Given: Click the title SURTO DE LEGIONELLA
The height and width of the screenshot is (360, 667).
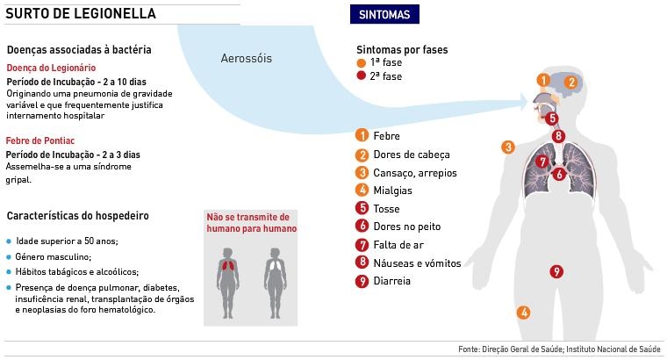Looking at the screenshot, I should [82, 14].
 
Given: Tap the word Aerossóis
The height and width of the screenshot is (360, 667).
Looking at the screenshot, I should [247, 59].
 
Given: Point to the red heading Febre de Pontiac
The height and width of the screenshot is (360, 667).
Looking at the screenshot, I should [39, 140].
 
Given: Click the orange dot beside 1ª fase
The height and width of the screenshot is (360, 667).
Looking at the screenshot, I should [361, 64].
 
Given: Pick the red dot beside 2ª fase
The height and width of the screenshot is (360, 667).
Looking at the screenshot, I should [361, 76].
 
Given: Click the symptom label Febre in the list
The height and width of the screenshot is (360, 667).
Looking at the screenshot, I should [386, 136].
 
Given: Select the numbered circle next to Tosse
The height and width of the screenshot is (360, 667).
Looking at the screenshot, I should [361, 209].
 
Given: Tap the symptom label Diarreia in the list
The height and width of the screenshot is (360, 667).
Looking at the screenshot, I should [392, 282].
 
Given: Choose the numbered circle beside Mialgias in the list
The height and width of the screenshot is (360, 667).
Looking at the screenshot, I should [361, 191].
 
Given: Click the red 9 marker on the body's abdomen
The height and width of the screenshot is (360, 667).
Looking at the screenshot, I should [556, 271].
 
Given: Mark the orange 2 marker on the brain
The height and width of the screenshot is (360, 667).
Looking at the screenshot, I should [570, 83].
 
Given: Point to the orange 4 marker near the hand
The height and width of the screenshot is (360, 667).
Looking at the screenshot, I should [523, 312].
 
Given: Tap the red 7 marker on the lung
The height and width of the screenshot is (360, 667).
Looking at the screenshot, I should [542, 162].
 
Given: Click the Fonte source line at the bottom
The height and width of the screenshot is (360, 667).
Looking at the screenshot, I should [559, 349].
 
